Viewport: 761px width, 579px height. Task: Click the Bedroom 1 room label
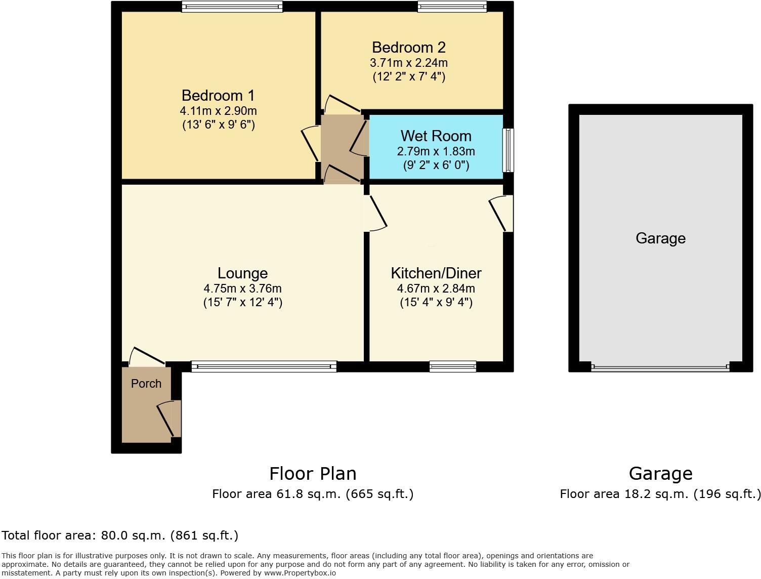coord(218,96)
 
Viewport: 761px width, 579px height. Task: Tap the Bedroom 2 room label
coord(408,48)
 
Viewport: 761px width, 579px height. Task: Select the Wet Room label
coord(436,136)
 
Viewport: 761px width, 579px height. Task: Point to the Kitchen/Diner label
coord(436,273)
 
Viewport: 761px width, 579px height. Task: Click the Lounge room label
coord(242,273)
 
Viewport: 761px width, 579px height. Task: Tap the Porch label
coord(146,384)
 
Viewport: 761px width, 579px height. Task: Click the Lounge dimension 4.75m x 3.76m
coord(242,288)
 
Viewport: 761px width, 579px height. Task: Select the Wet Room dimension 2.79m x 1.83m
coord(436,151)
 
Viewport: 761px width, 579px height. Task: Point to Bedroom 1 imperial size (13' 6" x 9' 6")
coord(218,125)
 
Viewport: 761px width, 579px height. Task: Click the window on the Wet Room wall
coord(508,150)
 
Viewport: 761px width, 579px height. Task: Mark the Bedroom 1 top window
coord(232,7)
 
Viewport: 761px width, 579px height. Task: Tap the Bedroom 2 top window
coord(452,7)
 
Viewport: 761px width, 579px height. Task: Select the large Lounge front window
coord(264,366)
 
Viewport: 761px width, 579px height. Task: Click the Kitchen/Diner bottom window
coord(452,366)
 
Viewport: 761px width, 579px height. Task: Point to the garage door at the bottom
coord(660,367)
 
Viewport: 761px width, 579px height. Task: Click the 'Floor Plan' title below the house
coord(313,474)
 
